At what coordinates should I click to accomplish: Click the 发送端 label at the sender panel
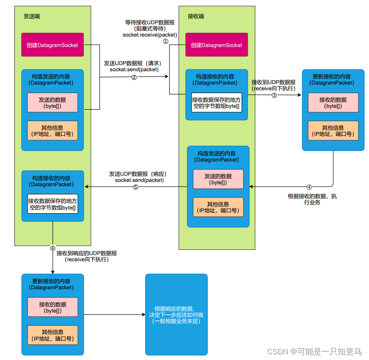[32, 16]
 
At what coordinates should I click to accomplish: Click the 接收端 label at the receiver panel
[196, 16]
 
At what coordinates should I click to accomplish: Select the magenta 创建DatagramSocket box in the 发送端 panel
[52, 45]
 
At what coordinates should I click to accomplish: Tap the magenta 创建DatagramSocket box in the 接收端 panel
[216, 45]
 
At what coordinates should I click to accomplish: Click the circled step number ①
[166, 41]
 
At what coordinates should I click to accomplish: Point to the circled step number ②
[134, 77]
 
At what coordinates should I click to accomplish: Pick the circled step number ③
[274, 95]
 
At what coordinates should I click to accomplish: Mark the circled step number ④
[309, 187]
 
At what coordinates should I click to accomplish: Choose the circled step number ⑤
[136, 187]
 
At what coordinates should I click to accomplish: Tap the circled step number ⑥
[53, 248]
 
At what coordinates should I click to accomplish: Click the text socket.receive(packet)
[149, 35]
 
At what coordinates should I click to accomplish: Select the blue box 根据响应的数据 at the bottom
[176, 314]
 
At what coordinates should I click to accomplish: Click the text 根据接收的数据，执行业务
[312, 199]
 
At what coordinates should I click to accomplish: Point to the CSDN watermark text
[314, 351]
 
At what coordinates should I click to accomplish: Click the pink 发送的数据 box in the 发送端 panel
[52, 103]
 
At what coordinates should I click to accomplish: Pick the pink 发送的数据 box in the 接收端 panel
[218, 179]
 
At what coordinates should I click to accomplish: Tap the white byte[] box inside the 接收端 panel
[216, 103]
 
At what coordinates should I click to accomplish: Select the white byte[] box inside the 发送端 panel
[52, 204]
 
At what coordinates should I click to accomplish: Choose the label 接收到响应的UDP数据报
[87, 253]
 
